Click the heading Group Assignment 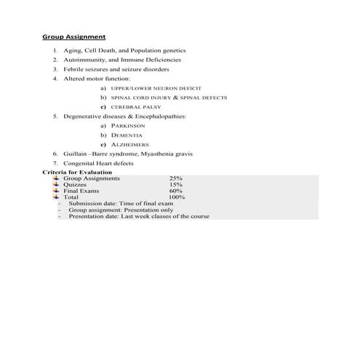point(73,36)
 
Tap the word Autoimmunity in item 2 point(81,60)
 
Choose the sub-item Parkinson point(132,125)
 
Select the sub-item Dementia point(132,135)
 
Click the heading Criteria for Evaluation point(71,172)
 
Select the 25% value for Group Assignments point(176,178)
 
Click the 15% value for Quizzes point(176,185)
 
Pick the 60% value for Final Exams point(176,191)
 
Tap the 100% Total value point(177,197)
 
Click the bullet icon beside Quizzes point(57,185)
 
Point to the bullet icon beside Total point(57,197)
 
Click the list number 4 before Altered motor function point(55,79)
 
